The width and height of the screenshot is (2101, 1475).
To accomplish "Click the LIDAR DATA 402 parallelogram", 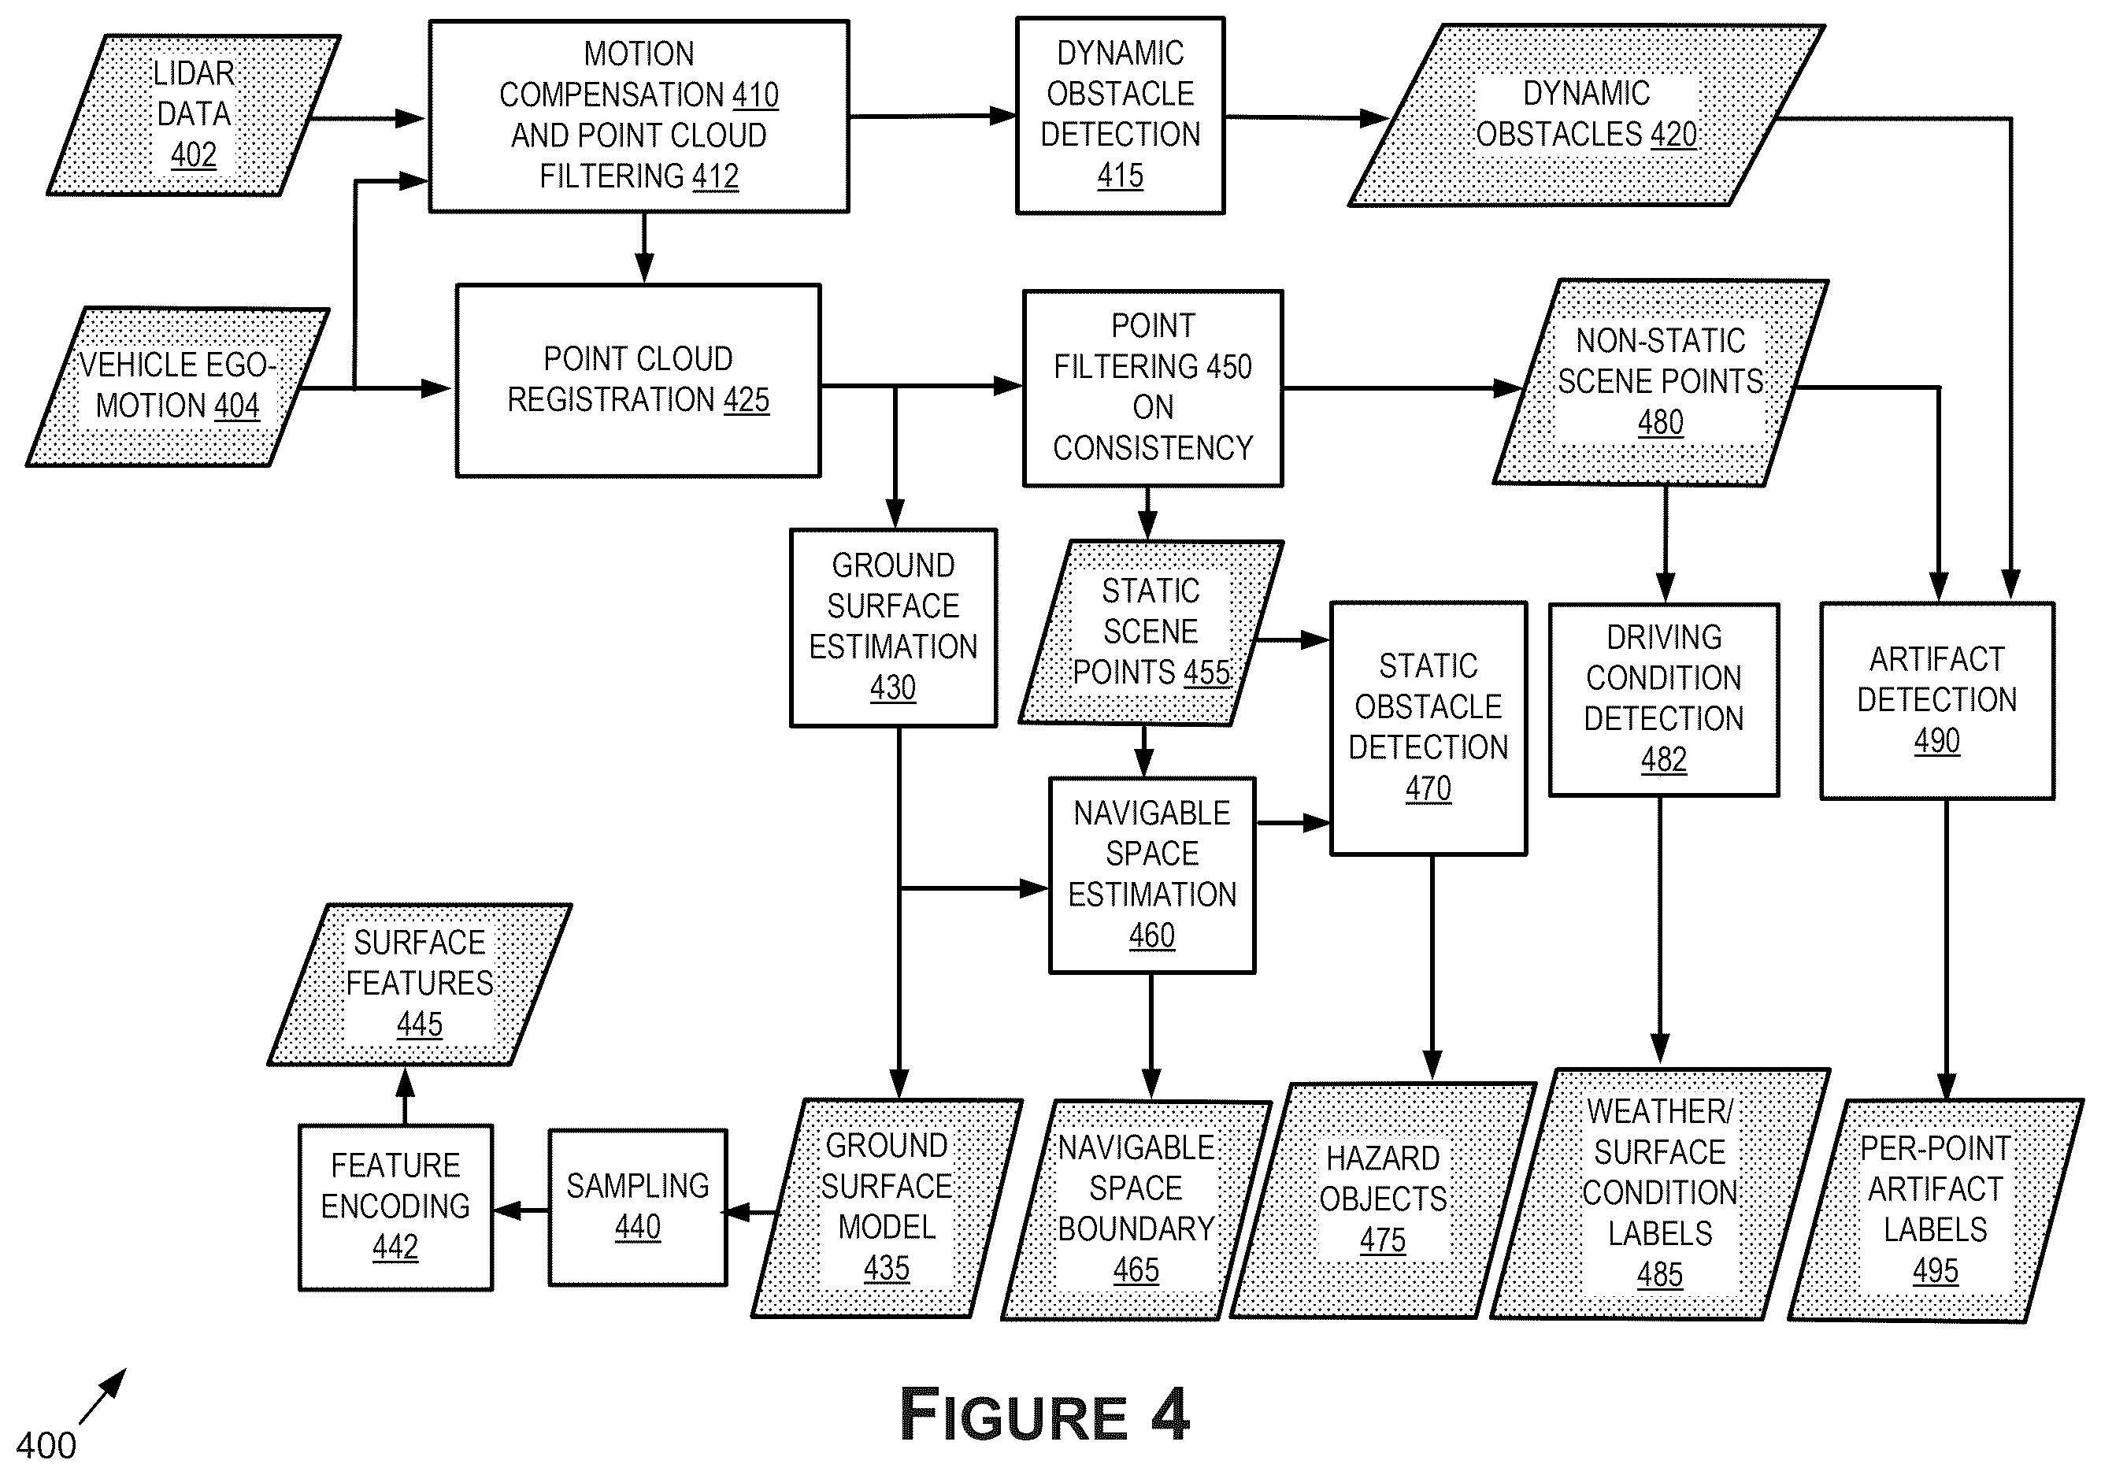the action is (194, 115).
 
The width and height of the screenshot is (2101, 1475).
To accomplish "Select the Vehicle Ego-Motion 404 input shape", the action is (177, 387).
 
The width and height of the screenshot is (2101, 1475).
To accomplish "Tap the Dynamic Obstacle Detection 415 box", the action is (1120, 115).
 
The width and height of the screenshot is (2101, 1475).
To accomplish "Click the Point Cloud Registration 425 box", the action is (638, 380).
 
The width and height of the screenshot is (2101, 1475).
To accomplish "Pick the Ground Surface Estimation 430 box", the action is (893, 628).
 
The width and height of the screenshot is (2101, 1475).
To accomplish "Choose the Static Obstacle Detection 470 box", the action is (1428, 728).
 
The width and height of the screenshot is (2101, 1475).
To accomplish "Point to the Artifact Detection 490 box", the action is (1937, 701).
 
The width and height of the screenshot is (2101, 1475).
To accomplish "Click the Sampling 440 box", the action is (638, 1207).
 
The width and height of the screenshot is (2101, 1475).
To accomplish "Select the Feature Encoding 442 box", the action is (395, 1207).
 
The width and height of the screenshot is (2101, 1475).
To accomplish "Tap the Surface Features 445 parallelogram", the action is (420, 984).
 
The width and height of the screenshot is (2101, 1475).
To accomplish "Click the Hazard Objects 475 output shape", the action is (1383, 1200).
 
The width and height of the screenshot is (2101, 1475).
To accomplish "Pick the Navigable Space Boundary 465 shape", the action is (1136, 1210).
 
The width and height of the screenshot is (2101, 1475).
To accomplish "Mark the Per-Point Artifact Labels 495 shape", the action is (1936, 1210).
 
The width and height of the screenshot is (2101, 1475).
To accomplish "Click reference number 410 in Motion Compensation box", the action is (756, 95).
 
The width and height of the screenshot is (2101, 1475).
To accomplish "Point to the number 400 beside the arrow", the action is (46, 1446).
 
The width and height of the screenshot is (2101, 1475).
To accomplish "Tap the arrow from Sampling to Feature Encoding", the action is (521, 1210).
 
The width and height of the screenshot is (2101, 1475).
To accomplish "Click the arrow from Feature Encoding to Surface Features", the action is (406, 1096).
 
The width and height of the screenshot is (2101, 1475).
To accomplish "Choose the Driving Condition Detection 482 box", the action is (1664, 699).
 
